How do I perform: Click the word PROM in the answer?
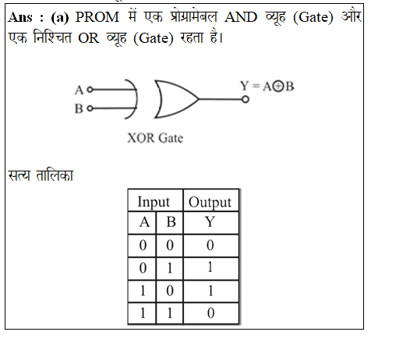(x=97, y=17)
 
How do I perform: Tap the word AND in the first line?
(x=241, y=17)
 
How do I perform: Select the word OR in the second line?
(x=89, y=38)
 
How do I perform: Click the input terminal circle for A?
(x=90, y=90)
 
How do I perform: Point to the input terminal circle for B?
(x=90, y=108)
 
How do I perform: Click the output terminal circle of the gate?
(x=246, y=99)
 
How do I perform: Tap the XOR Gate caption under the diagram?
(x=155, y=138)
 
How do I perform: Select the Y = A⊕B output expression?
(x=267, y=86)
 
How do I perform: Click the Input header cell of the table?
(x=155, y=200)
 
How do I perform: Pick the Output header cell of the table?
(x=210, y=200)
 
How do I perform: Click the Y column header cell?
(x=210, y=223)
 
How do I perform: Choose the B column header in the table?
(x=170, y=223)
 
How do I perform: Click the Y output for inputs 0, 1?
(x=210, y=268)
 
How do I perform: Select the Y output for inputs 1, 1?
(x=210, y=313)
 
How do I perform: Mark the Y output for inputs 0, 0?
(x=210, y=245)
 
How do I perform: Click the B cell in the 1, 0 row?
(x=170, y=291)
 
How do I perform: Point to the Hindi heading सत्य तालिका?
(x=41, y=175)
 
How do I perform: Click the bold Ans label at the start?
(x=20, y=17)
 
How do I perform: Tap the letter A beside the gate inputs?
(x=79, y=90)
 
